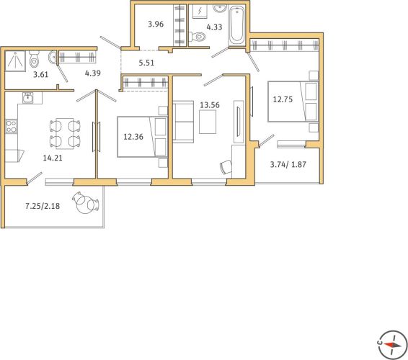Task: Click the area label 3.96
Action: point(156,24)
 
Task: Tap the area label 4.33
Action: point(214,27)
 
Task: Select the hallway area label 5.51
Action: point(146,63)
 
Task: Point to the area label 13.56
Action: point(210,105)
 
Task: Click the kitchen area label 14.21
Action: point(53,158)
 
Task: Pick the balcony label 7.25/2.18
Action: point(43,206)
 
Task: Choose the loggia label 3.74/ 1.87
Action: point(288,164)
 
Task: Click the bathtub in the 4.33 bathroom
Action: point(236,25)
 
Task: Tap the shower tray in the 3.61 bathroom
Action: point(15,61)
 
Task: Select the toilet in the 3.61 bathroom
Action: point(34,59)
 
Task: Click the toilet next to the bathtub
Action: point(198,37)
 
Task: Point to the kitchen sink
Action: point(27,98)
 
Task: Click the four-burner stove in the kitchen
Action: point(12,126)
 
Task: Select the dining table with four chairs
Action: point(65,134)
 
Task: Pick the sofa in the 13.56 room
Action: point(183,122)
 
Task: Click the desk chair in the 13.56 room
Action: point(226,166)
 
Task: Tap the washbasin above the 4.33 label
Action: point(220,8)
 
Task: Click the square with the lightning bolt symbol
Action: point(200,12)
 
